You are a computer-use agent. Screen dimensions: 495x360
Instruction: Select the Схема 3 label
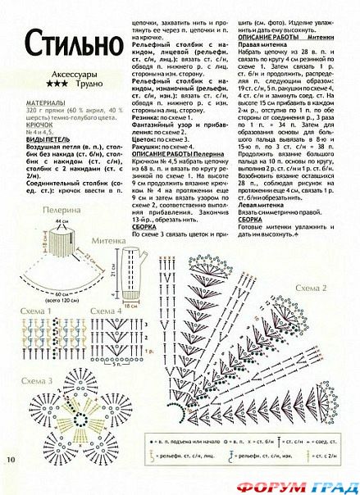38,382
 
